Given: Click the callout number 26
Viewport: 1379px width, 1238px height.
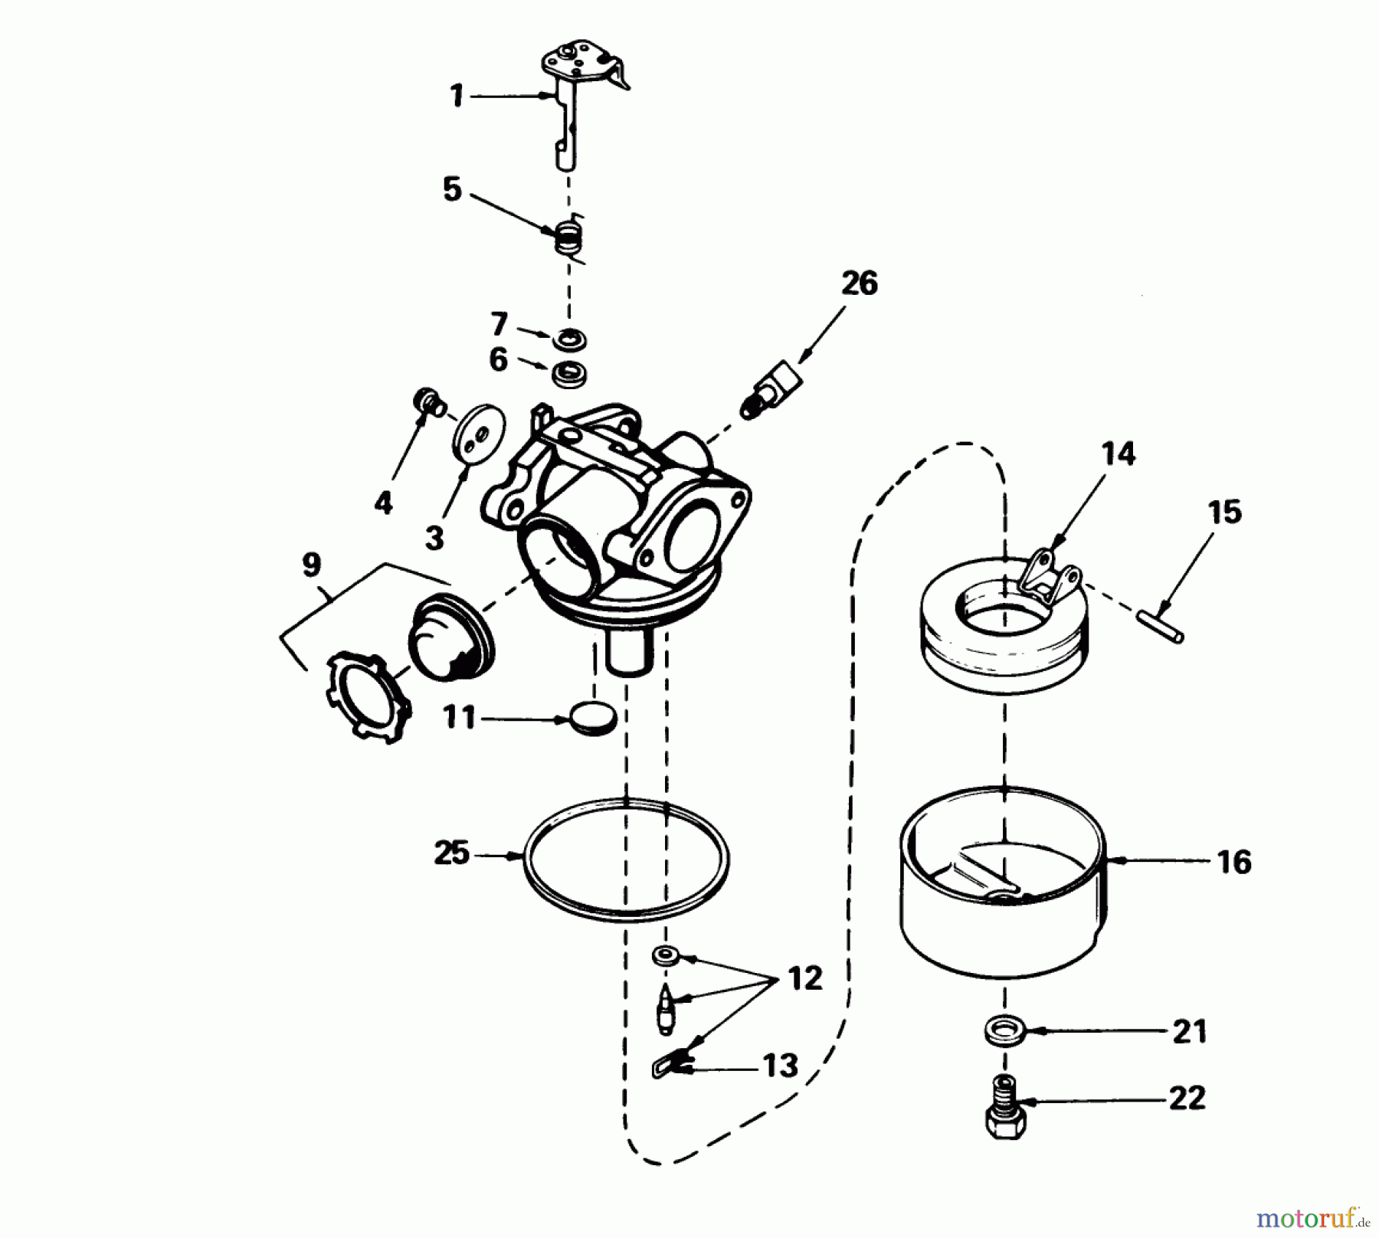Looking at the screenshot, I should point(859,283).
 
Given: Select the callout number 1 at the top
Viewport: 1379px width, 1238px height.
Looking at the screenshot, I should point(457,97).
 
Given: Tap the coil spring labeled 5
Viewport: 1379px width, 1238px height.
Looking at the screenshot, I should point(568,236).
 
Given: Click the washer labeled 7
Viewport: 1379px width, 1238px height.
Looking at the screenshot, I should point(568,337).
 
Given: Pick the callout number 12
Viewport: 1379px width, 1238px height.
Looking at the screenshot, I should point(804,978).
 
